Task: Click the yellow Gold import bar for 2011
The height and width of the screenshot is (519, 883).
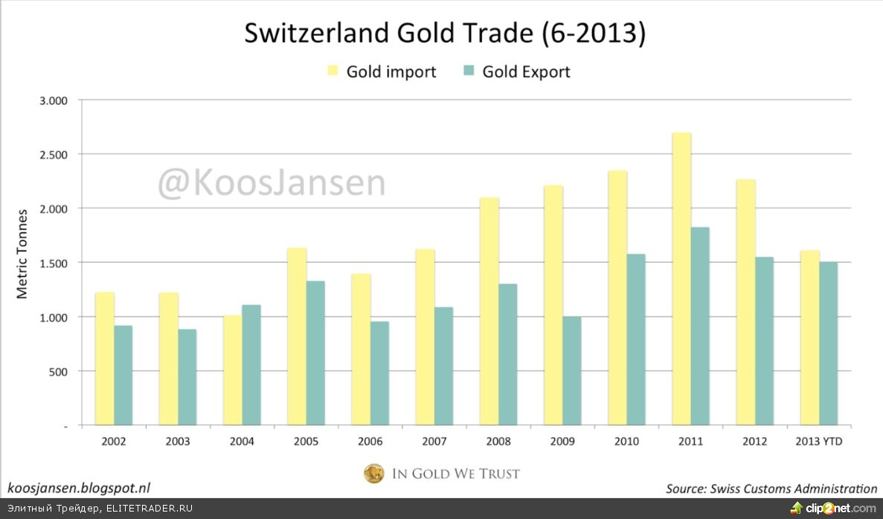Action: tap(681, 279)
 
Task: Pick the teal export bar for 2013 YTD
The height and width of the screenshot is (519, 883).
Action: tap(829, 343)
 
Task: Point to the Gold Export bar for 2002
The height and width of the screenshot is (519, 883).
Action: tap(123, 375)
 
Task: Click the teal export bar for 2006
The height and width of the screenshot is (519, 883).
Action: tap(379, 373)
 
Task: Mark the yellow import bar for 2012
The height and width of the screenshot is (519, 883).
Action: tap(745, 302)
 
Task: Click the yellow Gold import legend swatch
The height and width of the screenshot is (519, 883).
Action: tap(332, 71)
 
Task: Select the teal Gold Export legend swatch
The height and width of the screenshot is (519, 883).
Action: tap(469, 71)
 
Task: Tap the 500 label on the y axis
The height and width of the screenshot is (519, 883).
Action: tap(58, 371)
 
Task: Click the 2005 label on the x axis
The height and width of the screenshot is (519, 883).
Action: tap(306, 442)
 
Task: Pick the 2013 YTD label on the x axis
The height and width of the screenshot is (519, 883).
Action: tap(820, 442)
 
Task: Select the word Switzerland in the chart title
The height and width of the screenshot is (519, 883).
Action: tap(306, 34)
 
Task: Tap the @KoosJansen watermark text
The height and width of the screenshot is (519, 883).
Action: tap(271, 183)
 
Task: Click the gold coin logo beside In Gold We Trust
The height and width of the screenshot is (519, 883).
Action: tap(373, 474)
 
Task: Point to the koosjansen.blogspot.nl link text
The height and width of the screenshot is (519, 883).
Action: tap(79, 488)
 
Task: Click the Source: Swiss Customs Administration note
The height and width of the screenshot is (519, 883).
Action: tap(771, 488)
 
